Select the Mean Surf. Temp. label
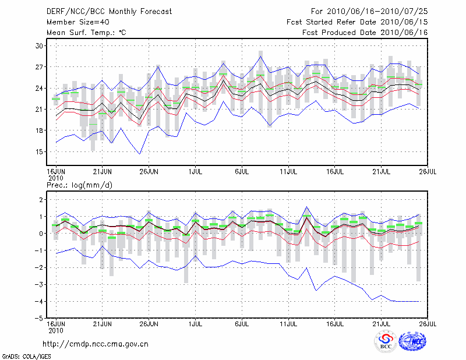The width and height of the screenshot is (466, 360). pyautogui.click(x=86, y=33)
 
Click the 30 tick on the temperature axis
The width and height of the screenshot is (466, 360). pyautogui.click(x=40, y=45)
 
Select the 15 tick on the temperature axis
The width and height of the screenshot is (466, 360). pyautogui.click(x=40, y=151)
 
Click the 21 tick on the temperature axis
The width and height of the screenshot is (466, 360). pyautogui.click(x=40, y=109)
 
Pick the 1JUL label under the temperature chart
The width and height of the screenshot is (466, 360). pyautogui.click(x=196, y=171)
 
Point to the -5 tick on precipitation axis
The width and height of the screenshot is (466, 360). pyautogui.click(x=39, y=318)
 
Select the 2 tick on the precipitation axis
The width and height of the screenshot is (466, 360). pyautogui.click(x=41, y=199)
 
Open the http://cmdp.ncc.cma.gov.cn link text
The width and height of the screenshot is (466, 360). pyautogui.click(x=96, y=344)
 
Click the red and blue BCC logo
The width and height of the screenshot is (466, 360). pyautogui.click(x=386, y=342)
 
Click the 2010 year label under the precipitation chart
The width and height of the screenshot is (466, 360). pyautogui.click(x=55, y=330)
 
